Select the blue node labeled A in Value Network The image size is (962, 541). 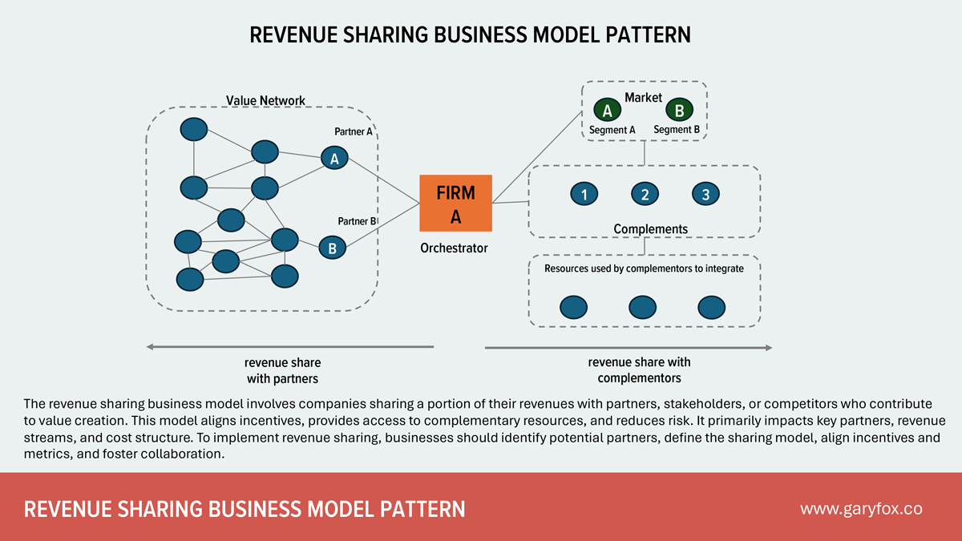click(334, 159)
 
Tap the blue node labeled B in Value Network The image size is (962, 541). click(332, 248)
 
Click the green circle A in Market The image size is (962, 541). click(607, 111)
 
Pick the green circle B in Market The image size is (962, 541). click(680, 111)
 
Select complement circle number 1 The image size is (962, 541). click(584, 194)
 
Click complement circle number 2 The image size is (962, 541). click(645, 194)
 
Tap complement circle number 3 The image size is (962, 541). click(705, 194)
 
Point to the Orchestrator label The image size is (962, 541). click(454, 248)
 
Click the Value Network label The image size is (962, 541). click(265, 101)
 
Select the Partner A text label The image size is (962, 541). click(355, 131)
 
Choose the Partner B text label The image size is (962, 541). click(357, 221)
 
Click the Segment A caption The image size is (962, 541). click(612, 130)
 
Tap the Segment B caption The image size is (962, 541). click(677, 130)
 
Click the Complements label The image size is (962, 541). click(650, 229)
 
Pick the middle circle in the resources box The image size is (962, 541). click(643, 307)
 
